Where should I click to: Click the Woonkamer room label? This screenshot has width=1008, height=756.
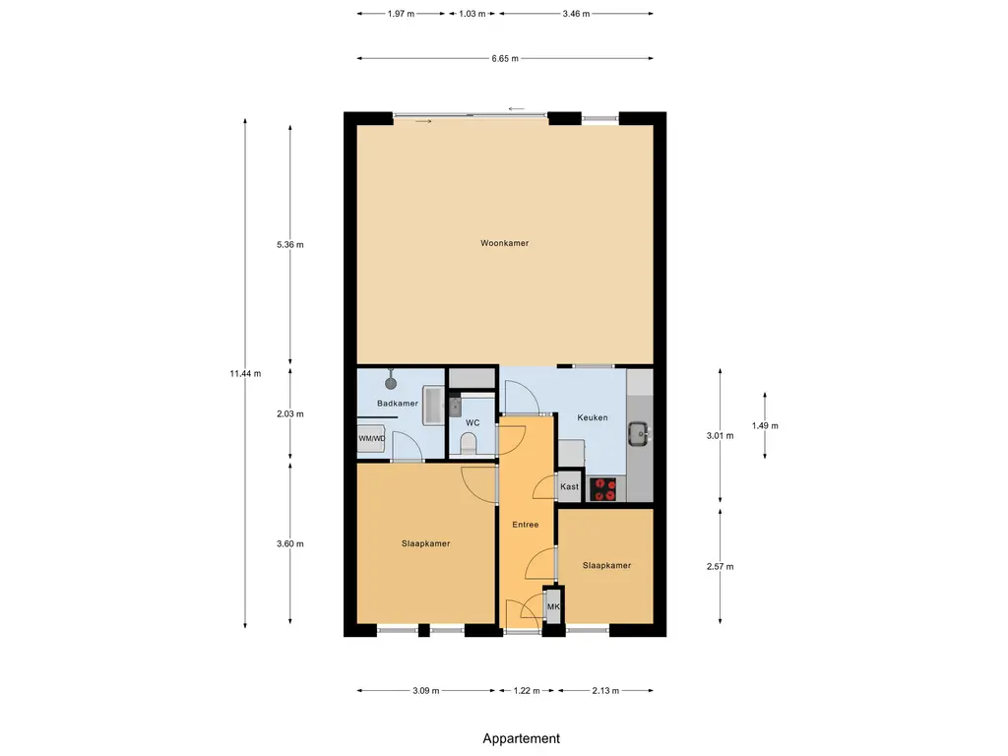[x=505, y=243]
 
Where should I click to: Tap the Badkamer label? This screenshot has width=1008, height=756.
[x=398, y=403]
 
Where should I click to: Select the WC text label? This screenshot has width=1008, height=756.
[x=472, y=423]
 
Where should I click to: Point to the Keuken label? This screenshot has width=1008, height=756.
[x=592, y=417]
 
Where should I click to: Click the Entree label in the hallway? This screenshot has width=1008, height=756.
[x=526, y=525]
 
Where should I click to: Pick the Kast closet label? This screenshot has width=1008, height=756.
[x=569, y=486]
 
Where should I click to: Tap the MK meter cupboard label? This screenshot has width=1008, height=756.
[x=553, y=606]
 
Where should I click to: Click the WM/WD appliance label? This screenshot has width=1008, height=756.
[x=371, y=438]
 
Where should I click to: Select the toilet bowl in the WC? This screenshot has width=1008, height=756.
[x=469, y=444]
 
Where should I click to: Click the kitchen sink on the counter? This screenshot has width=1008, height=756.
[x=638, y=433]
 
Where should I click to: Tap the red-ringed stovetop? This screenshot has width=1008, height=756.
[x=603, y=489]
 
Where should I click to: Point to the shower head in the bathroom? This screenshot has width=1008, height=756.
[x=391, y=382]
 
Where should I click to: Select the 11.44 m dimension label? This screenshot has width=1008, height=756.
[x=245, y=373]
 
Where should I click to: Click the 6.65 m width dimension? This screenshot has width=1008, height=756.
[x=505, y=58]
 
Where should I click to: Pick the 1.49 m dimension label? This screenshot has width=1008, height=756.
[x=765, y=425]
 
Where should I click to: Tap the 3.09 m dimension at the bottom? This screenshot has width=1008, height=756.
[x=426, y=690]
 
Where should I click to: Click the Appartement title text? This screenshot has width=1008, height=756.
[x=522, y=738]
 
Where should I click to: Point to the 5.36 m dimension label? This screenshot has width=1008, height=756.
[x=290, y=244]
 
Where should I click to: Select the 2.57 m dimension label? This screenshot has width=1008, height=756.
[x=720, y=566]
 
